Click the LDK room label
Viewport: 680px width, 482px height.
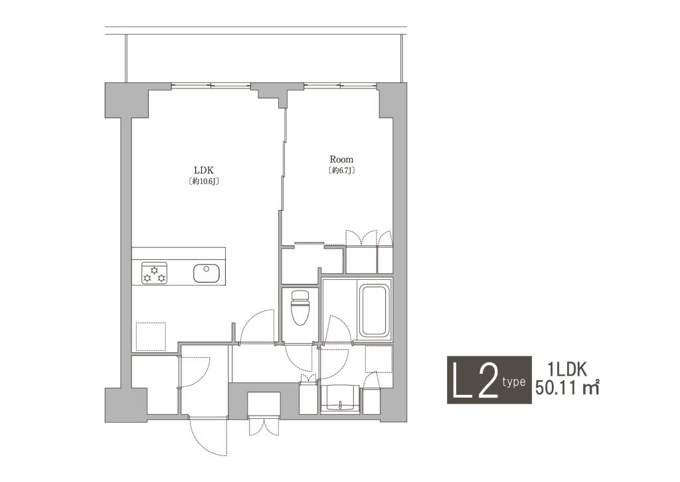click(x=203, y=170)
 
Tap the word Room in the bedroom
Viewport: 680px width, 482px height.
click(x=341, y=160)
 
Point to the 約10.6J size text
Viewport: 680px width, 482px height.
click(x=203, y=181)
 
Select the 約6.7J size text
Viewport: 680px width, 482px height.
click(x=342, y=171)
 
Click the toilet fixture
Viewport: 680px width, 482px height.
click(x=300, y=307)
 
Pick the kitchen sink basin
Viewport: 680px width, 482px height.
click(x=206, y=273)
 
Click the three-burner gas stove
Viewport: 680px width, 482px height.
click(x=154, y=273)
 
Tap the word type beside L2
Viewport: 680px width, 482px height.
click(x=514, y=382)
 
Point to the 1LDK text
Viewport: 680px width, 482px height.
click(x=567, y=370)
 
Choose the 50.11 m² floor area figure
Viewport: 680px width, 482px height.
click(x=567, y=387)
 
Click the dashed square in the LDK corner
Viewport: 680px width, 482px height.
click(x=151, y=336)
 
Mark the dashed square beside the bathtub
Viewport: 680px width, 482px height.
click(x=379, y=359)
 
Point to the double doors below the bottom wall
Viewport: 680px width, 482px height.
click(x=264, y=425)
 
